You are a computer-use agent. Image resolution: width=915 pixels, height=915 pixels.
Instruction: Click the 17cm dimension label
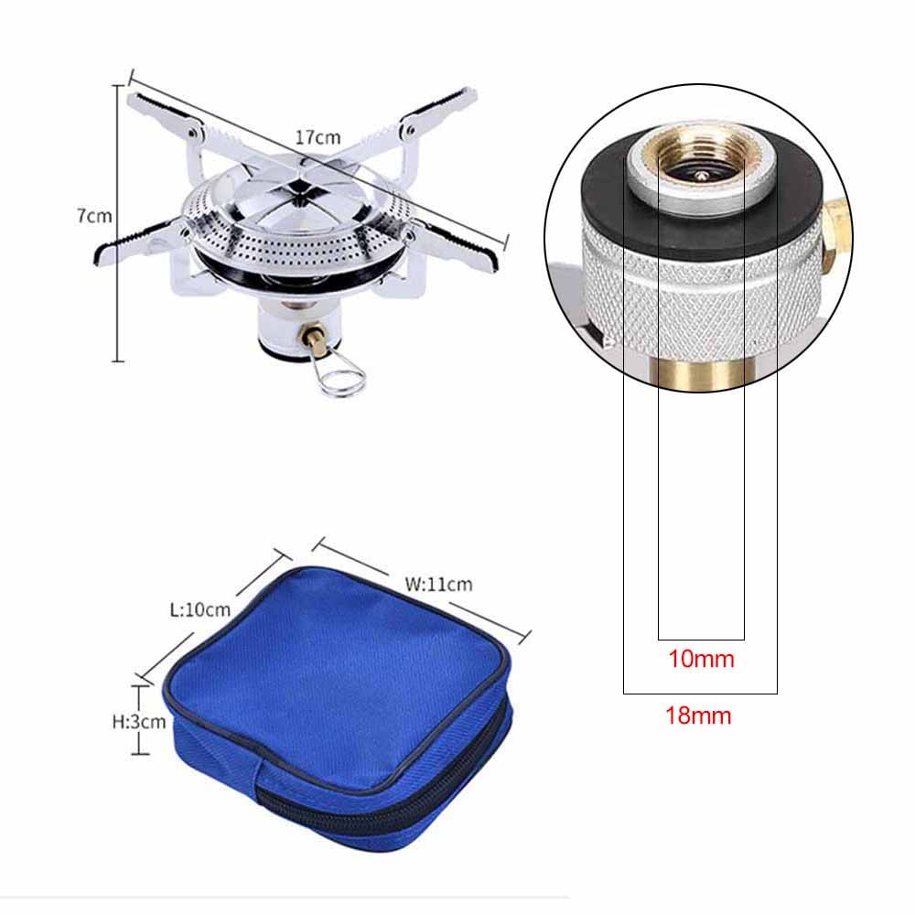(318, 136)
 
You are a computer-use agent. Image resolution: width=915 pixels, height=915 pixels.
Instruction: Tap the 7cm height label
(93, 216)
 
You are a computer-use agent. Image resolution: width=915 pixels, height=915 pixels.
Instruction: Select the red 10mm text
(701, 658)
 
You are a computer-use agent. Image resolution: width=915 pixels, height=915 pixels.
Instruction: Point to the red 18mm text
(698, 716)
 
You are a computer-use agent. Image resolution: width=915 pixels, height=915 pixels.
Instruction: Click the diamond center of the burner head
(300, 188)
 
